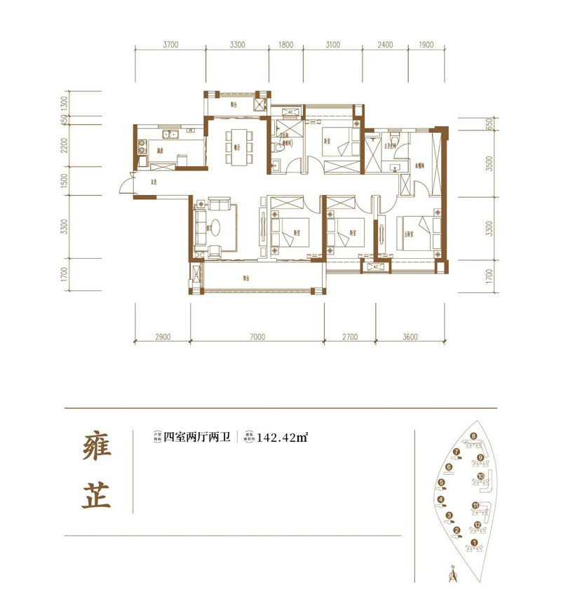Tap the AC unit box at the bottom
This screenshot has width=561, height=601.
coord(373,266)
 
